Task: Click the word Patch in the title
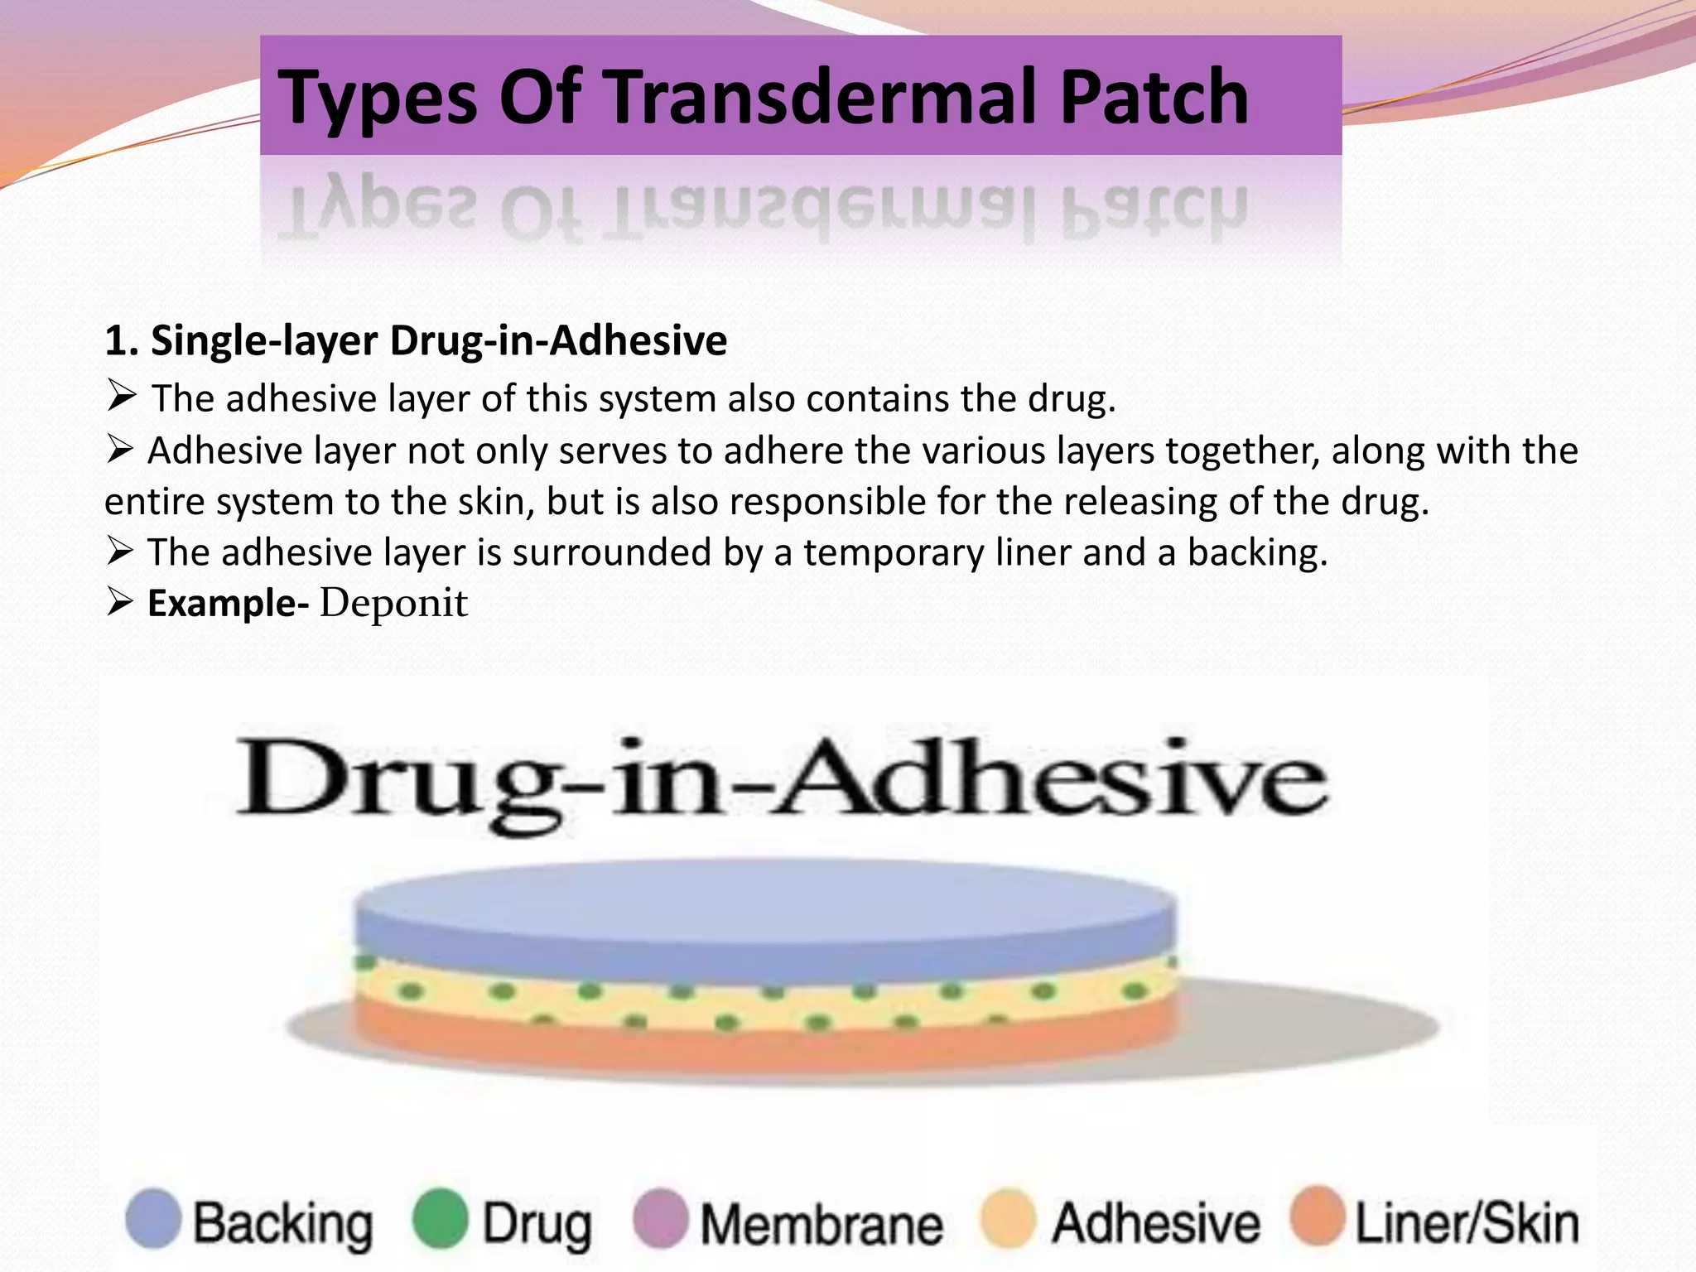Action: pos(1154,97)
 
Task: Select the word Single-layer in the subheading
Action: pos(264,341)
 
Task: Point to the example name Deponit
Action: pos(393,603)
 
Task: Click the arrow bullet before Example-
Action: pos(120,602)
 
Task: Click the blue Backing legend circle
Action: pos(153,1218)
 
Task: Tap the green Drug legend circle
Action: pos(440,1218)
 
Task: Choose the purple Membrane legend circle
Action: pos(660,1218)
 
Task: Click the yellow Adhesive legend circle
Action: pos(1007,1218)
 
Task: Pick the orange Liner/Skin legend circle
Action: pos(1317,1217)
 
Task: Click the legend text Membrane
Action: pos(821,1224)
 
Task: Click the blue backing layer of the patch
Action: pos(766,919)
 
